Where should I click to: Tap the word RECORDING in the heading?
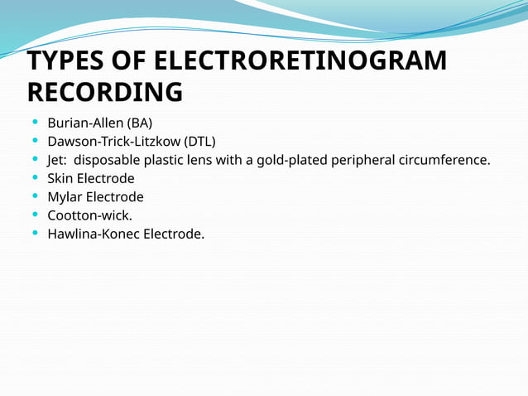point(105,92)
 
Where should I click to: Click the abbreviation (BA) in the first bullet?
point(140,123)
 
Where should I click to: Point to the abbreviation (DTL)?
point(199,142)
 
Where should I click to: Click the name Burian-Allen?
point(86,123)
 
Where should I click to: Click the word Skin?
point(61,178)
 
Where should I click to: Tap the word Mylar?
point(65,197)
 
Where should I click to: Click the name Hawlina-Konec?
point(93,234)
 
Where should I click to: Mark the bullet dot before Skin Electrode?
point(33,178)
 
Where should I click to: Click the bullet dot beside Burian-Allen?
point(33,123)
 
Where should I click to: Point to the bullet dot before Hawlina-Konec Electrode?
point(33,234)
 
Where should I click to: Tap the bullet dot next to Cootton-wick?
point(33,215)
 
